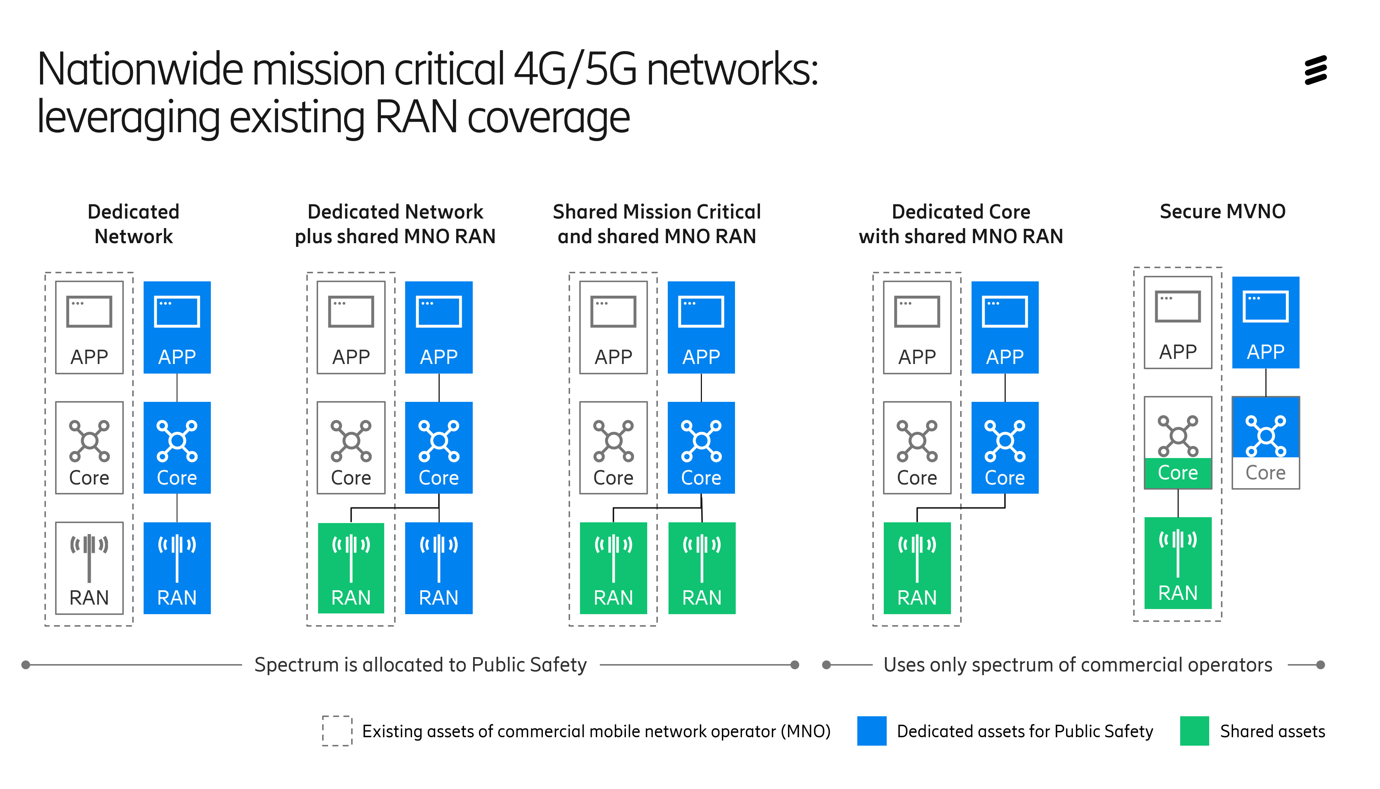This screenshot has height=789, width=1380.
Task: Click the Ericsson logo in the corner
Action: (x=1315, y=70)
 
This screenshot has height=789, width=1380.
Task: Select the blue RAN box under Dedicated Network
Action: (x=177, y=568)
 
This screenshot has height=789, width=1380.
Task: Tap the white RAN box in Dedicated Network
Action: (x=89, y=568)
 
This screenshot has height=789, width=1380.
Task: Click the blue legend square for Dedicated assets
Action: (x=871, y=731)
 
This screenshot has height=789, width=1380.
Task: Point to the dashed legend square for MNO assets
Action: (x=336, y=731)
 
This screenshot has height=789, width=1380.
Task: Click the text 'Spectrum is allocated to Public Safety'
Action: (x=421, y=664)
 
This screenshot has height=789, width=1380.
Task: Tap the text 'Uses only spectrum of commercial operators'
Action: (x=1077, y=664)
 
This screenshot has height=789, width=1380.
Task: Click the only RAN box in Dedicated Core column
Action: (x=917, y=568)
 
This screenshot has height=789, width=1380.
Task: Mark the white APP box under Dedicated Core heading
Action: (x=917, y=327)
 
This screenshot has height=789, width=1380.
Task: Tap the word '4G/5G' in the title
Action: (x=574, y=69)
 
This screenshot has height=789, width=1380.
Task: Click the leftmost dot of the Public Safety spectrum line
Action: (x=25, y=664)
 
